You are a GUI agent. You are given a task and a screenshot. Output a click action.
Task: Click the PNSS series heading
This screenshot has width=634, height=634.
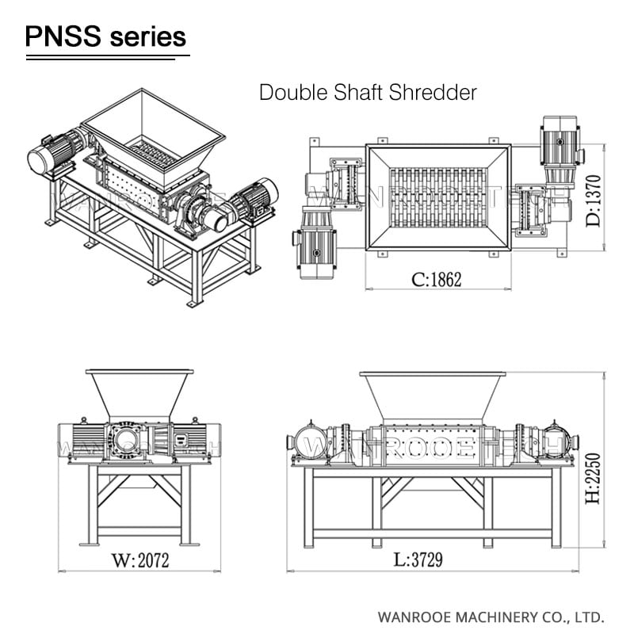[106, 36]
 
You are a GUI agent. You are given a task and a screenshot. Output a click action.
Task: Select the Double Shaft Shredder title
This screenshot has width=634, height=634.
[369, 92]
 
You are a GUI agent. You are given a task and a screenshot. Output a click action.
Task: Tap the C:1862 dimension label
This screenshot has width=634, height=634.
[436, 279]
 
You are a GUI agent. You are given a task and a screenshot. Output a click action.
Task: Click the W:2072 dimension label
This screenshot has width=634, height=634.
[139, 561]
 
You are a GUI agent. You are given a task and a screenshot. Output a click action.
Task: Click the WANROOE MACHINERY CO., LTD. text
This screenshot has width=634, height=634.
[491, 616]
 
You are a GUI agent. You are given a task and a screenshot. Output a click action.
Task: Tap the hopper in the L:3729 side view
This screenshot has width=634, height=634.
[432, 395]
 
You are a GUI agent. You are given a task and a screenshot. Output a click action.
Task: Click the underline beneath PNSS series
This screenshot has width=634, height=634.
[106, 56]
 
